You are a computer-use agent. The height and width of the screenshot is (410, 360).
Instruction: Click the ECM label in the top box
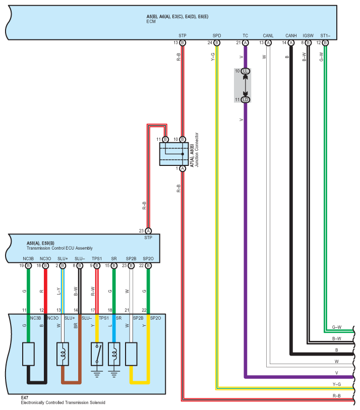point(151,22)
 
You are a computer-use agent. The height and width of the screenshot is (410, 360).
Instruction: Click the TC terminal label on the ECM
point(245,36)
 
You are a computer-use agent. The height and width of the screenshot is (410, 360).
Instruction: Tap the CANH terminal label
point(291,36)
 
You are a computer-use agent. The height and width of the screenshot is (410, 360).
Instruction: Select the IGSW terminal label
point(308,36)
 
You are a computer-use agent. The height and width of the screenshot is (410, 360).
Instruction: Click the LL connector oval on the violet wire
point(245,71)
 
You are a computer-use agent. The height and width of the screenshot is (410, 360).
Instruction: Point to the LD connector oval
point(245,100)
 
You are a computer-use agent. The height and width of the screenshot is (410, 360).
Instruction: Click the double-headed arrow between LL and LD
point(245,85)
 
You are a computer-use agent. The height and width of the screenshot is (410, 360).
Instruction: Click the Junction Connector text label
point(197,150)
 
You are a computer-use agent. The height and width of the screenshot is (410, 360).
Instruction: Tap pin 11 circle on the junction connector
point(165,139)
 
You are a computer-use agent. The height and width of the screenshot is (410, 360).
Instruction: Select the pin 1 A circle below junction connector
point(183,168)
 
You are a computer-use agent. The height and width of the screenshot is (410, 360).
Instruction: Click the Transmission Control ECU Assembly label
point(59,248)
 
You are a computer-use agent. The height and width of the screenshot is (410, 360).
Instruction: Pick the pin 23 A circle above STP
point(148,231)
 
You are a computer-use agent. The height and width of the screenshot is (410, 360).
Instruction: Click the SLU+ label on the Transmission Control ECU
point(63,259)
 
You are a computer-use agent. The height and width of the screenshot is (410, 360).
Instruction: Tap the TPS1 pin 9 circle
point(97,266)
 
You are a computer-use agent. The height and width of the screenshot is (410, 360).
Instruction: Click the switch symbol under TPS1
point(97,354)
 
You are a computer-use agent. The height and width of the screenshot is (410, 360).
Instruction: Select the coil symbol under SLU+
point(63,354)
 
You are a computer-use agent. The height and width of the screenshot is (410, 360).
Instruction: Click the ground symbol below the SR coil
point(114,373)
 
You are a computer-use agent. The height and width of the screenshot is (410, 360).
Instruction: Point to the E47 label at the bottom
point(25,397)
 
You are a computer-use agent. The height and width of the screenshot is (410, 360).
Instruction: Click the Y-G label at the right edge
point(336,384)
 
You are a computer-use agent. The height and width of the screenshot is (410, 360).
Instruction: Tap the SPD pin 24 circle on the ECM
point(217,43)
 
